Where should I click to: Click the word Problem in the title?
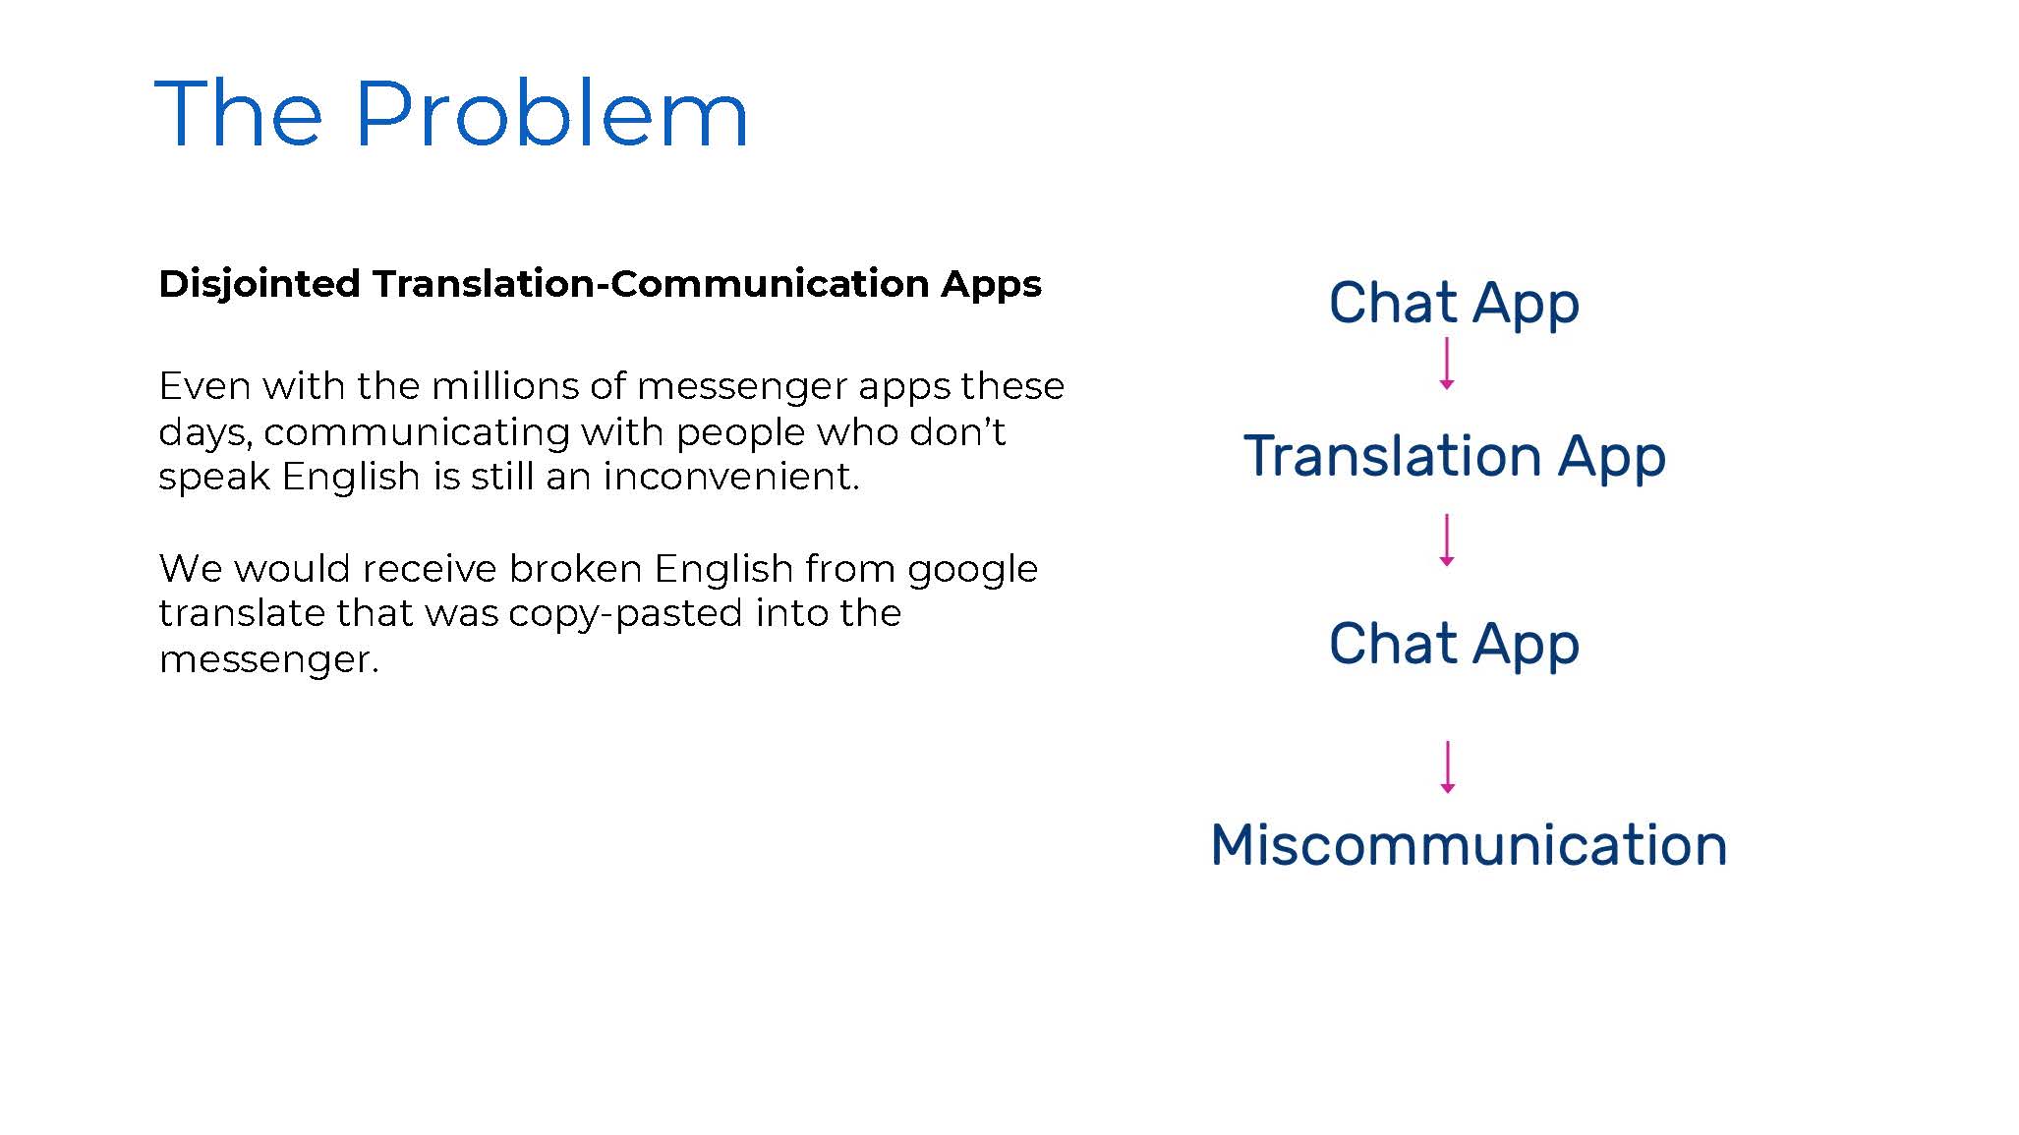550,114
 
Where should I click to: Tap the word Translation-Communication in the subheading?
651,284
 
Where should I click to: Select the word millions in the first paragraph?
504,385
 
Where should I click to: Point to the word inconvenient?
731,477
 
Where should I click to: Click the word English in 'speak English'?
351,478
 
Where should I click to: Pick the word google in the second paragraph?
972,570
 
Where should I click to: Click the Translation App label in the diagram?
1455,457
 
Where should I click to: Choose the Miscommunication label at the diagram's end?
1469,845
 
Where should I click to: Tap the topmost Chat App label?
1454,304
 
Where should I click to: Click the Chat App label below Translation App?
1454,645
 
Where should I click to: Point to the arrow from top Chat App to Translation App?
1447,364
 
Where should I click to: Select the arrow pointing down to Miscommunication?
1447,767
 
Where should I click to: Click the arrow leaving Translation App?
1447,539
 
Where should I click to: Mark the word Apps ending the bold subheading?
991,285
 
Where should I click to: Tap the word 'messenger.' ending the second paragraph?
269,659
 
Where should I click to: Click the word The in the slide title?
239,114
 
